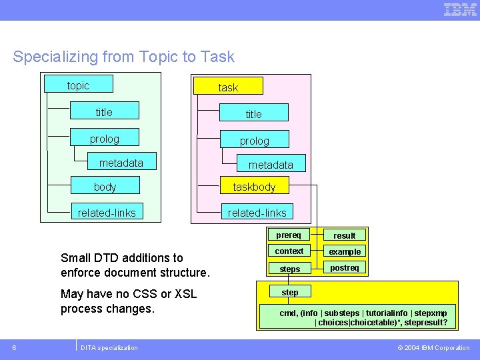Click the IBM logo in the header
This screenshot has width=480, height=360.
click(x=460, y=9)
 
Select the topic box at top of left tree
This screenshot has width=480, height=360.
click(x=78, y=85)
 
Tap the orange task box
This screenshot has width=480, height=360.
click(x=228, y=87)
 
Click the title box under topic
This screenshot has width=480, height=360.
click(x=105, y=111)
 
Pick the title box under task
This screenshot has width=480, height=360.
click(x=254, y=113)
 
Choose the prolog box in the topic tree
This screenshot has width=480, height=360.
click(x=105, y=138)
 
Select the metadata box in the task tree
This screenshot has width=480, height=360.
click(x=270, y=164)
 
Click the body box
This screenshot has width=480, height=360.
click(x=105, y=186)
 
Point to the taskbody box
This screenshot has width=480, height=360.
click(x=254, y=187)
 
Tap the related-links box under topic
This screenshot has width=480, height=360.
click(x=107, y=213)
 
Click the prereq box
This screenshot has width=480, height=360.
click(x=289, y=235)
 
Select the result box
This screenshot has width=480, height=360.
click(x=345, y=235)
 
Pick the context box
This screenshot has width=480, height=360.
click(x=289, y=251)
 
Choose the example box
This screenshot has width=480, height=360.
click(x=345, y=252)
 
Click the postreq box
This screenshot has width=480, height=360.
click(x=345, y=268)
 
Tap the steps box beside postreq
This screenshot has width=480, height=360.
click(x=289, y=269)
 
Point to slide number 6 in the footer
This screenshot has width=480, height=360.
click(x=15, y=347)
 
